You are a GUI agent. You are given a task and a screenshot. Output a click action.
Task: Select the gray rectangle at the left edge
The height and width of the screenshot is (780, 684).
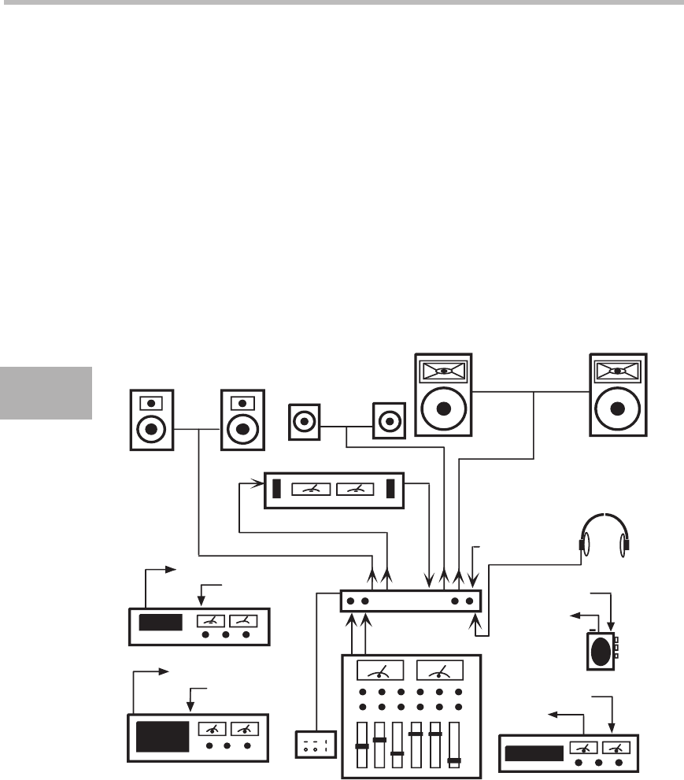click(x=46, y=391)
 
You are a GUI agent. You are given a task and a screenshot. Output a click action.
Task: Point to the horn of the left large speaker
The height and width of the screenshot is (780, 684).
click(x=444, y=370)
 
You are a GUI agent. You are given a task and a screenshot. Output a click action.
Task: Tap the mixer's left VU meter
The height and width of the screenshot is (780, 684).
click(x=380, y=670)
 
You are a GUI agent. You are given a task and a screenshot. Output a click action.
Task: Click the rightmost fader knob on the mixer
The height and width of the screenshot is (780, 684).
click(x=454, y=760)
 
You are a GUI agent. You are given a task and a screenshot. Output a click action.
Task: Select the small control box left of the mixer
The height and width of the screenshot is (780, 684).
click(x=315, y=744)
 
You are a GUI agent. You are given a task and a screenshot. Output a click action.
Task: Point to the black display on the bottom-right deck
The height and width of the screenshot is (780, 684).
click(x=534, y=754)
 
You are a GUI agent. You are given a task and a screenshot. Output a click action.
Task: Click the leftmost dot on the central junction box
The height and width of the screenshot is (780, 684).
click(x=350, y=601)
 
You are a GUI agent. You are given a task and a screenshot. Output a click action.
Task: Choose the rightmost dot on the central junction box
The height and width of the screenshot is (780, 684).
click(x=470, y=601)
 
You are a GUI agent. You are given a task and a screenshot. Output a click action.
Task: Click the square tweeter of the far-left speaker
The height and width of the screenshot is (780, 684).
click(x=147, y=402)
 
